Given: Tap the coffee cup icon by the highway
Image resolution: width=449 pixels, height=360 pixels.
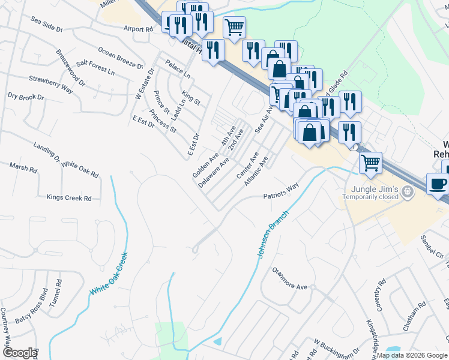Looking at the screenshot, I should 438,184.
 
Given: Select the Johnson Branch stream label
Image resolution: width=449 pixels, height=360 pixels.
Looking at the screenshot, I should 274,233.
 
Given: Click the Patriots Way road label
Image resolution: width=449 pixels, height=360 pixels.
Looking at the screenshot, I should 280,191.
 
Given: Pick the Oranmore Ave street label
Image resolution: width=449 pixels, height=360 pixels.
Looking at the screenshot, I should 289,287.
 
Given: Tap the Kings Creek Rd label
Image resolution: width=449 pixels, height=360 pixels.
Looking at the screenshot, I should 69,197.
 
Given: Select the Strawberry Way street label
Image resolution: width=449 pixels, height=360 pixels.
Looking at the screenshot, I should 50,84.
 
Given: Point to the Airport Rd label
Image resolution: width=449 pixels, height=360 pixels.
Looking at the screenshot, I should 138,29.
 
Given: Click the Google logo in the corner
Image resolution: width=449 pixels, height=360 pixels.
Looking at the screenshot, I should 19,353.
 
